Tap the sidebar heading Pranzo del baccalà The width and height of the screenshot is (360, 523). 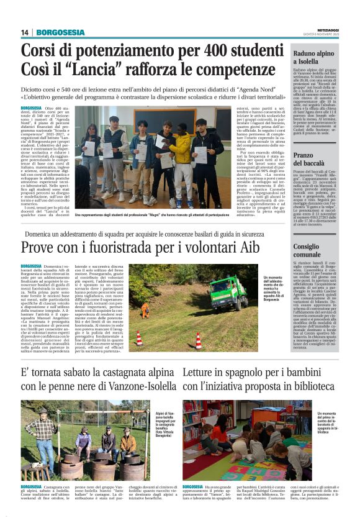click(x=313, y=159)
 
